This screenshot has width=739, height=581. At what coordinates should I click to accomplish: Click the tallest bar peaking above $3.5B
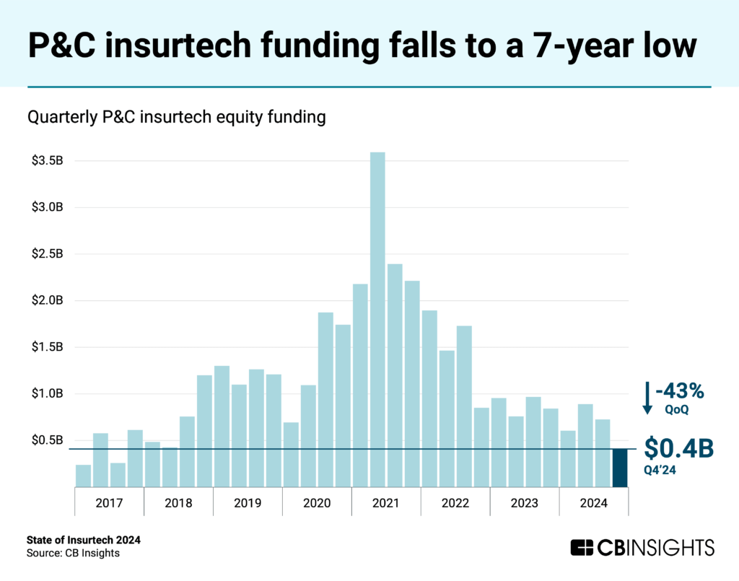click(377, 318)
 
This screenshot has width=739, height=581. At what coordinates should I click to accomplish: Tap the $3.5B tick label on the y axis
click(47, 161)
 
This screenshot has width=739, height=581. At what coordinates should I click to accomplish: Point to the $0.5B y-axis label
click(47, 440)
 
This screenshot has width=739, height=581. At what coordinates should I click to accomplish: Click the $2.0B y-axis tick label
click(47, 300)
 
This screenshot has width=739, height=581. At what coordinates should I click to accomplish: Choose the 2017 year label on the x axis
click(109, 502)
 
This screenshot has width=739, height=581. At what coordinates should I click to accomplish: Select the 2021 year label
click(386, 502)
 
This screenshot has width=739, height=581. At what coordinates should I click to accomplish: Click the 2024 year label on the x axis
click(594, 502)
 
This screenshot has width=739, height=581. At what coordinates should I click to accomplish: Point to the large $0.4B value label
click(678, 448)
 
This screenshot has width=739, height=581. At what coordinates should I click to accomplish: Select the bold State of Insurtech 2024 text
click(84, 540)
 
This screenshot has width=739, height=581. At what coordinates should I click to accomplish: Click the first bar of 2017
click(84, 476)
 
